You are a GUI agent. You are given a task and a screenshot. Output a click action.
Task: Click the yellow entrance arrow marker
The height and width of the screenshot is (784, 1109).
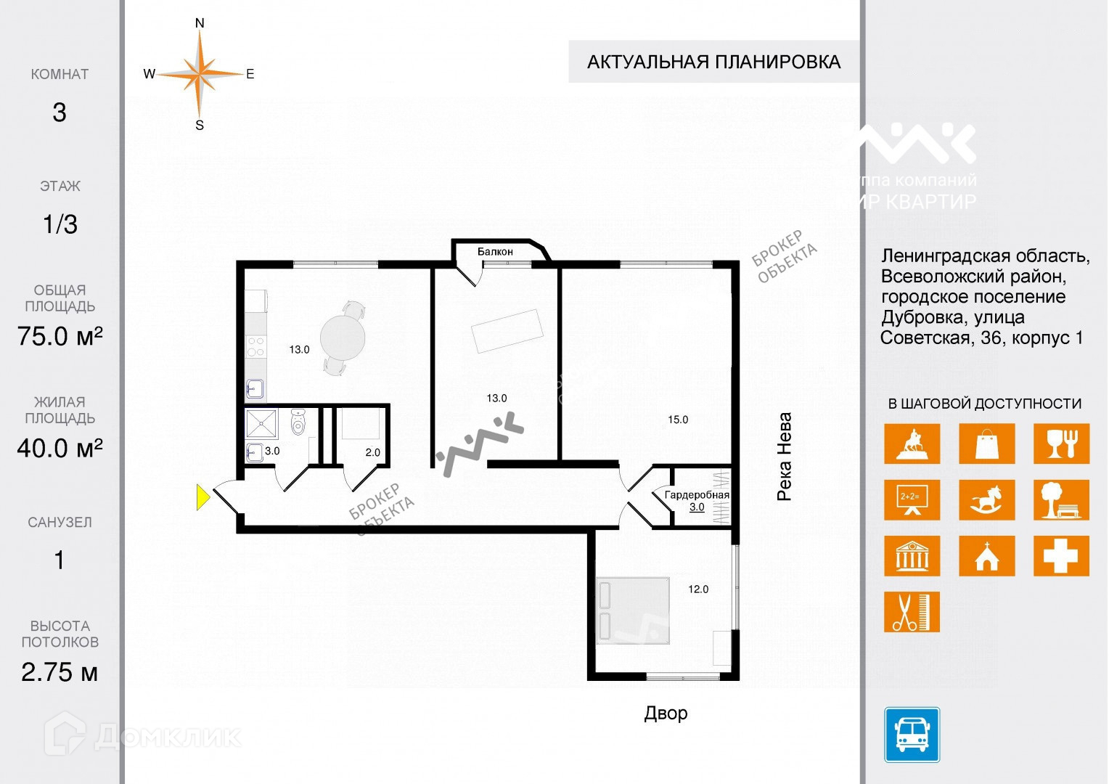point(203,498)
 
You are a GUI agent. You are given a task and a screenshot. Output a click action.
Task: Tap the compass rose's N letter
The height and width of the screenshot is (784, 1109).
point(200,23)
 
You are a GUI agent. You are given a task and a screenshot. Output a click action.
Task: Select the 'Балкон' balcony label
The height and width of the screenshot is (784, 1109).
point(495,252)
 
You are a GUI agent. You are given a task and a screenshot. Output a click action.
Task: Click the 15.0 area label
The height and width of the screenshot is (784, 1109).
point(678,420)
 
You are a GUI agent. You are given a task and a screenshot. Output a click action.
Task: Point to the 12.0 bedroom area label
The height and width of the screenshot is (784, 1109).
point(698,589)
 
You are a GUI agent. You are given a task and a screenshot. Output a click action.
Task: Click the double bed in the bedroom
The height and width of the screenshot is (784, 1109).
point(632,611)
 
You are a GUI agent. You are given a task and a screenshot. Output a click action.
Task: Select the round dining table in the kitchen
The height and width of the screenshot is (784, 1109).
point(343,337)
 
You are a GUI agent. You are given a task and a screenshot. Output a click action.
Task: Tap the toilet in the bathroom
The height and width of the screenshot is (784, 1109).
point(298,422)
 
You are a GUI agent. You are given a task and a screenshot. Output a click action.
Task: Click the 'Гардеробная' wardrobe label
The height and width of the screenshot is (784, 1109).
point(697,495)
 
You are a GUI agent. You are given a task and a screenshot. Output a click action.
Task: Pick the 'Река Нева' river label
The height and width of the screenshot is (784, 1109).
point(785,457)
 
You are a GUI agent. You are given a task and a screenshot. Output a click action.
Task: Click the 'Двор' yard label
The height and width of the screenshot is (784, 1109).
point(666,713)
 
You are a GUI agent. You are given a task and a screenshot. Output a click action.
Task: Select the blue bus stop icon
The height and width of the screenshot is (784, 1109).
point(912,735)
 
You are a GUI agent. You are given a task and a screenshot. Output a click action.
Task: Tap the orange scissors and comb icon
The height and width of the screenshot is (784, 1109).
point(912,612)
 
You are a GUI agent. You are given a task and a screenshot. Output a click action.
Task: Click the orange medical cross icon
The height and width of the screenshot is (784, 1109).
point(1061,556)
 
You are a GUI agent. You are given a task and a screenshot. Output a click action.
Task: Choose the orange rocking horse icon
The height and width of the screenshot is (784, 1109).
point(986,500)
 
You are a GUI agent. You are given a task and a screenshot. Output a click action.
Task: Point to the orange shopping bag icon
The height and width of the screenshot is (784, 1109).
point(986,444)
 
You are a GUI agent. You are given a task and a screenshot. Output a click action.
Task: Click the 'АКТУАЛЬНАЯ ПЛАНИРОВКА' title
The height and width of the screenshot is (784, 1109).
point(713,62)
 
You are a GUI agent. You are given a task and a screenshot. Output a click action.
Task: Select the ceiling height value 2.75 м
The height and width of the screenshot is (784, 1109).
point(60,672)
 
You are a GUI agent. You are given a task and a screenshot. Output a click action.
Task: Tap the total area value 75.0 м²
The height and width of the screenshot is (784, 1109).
point(60,336)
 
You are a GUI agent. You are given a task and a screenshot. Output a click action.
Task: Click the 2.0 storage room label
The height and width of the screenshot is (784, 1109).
point(372,452)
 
